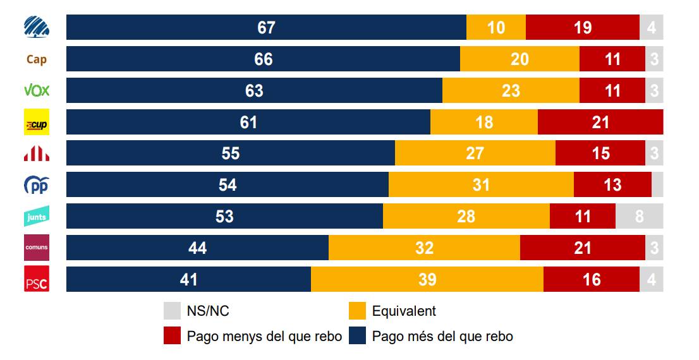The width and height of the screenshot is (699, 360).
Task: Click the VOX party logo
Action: tap(36, 90)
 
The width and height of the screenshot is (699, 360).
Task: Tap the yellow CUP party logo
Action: tap(36, 123)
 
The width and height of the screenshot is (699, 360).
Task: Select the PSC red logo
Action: tap(36, 280)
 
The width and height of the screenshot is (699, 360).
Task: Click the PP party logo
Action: tap(36, 186)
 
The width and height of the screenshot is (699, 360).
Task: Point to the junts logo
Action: tap(36, 217)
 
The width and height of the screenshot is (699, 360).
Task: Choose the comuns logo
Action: tap(36, 248)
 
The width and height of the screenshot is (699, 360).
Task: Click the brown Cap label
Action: tap(36, 59)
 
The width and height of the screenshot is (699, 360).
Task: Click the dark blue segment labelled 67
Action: tap(266, 27)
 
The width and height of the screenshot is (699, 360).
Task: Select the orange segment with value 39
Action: tap(427, 279)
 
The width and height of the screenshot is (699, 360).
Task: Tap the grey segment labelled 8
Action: tap(639, 216)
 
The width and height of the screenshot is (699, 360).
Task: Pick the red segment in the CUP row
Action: tap(600, 122)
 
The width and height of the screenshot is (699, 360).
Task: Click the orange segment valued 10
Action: tap(495, 27)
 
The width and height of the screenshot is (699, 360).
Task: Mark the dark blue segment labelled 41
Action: tap(188, 279)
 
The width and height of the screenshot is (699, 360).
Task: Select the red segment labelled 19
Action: tap(582, 27)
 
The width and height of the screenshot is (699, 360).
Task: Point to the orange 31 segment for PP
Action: tap(481, 184)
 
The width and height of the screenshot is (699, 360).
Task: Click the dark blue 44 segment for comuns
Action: tap(197, 248)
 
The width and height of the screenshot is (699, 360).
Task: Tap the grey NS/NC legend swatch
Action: tap(172, 311)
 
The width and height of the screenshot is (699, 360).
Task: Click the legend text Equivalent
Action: tap(404, 311)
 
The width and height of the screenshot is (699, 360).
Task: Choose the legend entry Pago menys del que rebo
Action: tap(264, 336)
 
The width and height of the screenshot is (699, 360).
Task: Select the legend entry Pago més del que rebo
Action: tap(442, 336)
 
